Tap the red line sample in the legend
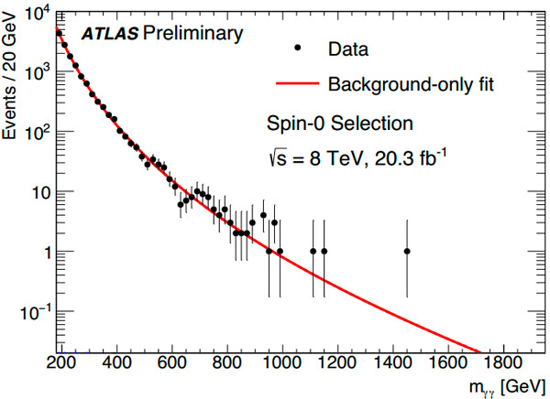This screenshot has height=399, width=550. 296,85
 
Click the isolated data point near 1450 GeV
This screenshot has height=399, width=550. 407,251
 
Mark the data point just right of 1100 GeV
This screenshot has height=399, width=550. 313,251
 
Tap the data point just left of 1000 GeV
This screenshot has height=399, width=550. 269,251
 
